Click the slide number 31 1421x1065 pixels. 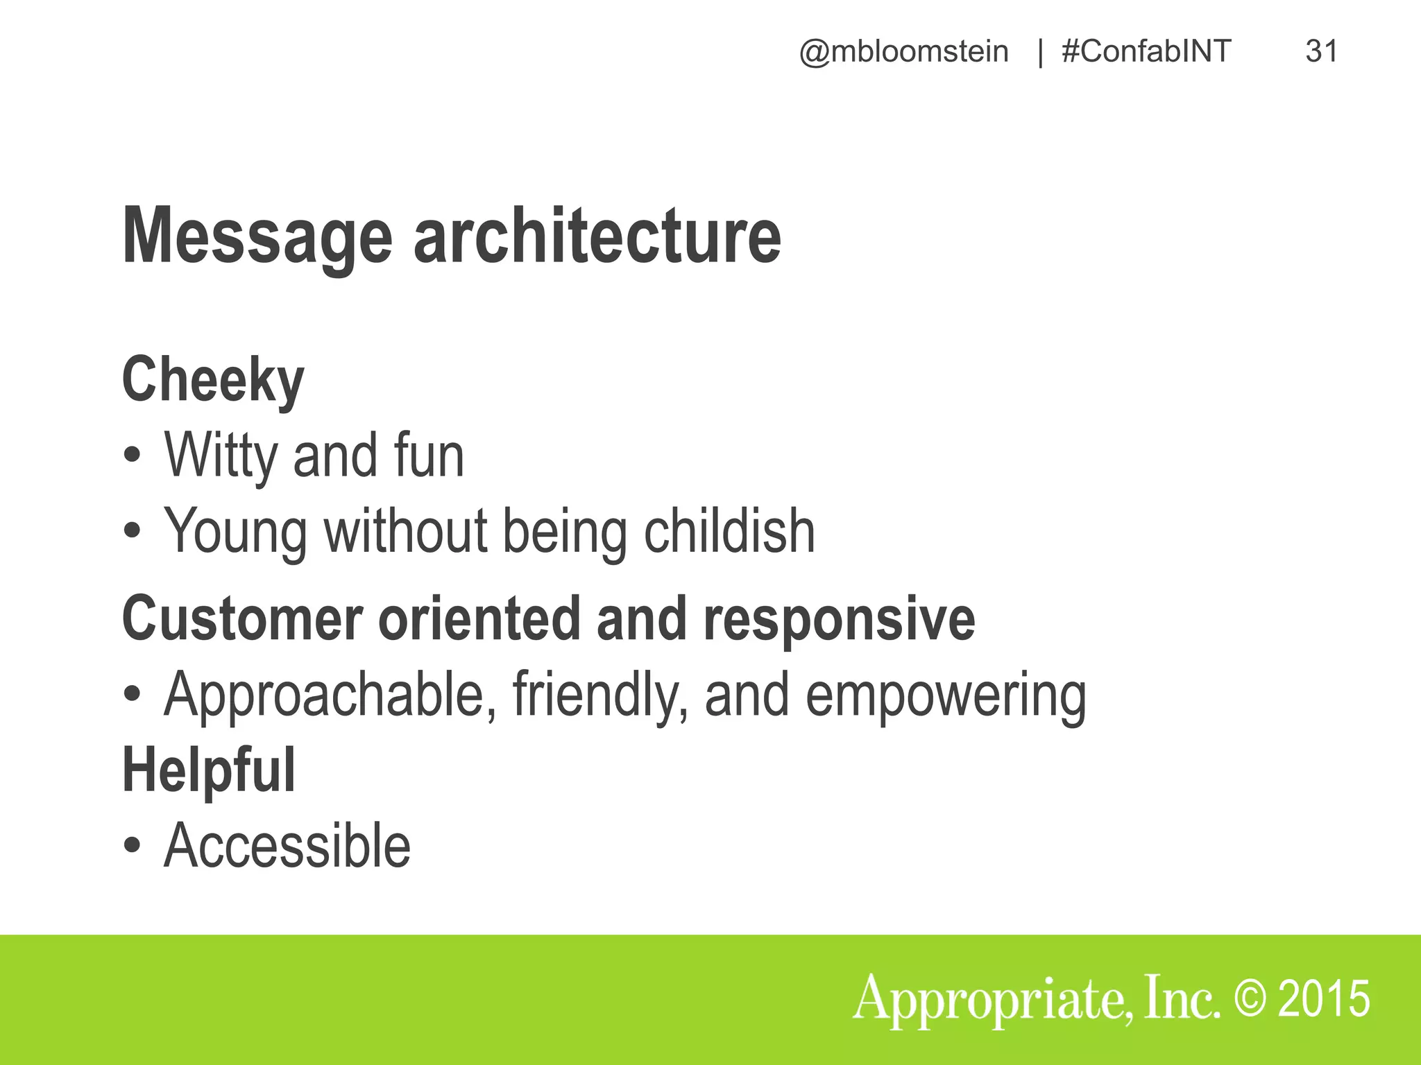click(x=1321, y=51)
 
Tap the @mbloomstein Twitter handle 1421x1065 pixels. click(x=903, y=52)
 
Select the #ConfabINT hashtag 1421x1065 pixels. click(x=1146, y=52)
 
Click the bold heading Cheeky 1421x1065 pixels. click(x=213, y=380)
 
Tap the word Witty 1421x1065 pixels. click(x=220, y=456)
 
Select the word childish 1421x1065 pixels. click(x=729, y=531)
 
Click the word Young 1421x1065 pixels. click(x=235, y=532)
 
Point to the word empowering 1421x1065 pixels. click(x=945, y=695)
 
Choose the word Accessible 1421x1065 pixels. click(x=287, y=846)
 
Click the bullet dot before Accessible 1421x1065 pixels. click(x=132, y=846)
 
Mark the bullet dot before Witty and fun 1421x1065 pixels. click(x=132, y=456)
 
